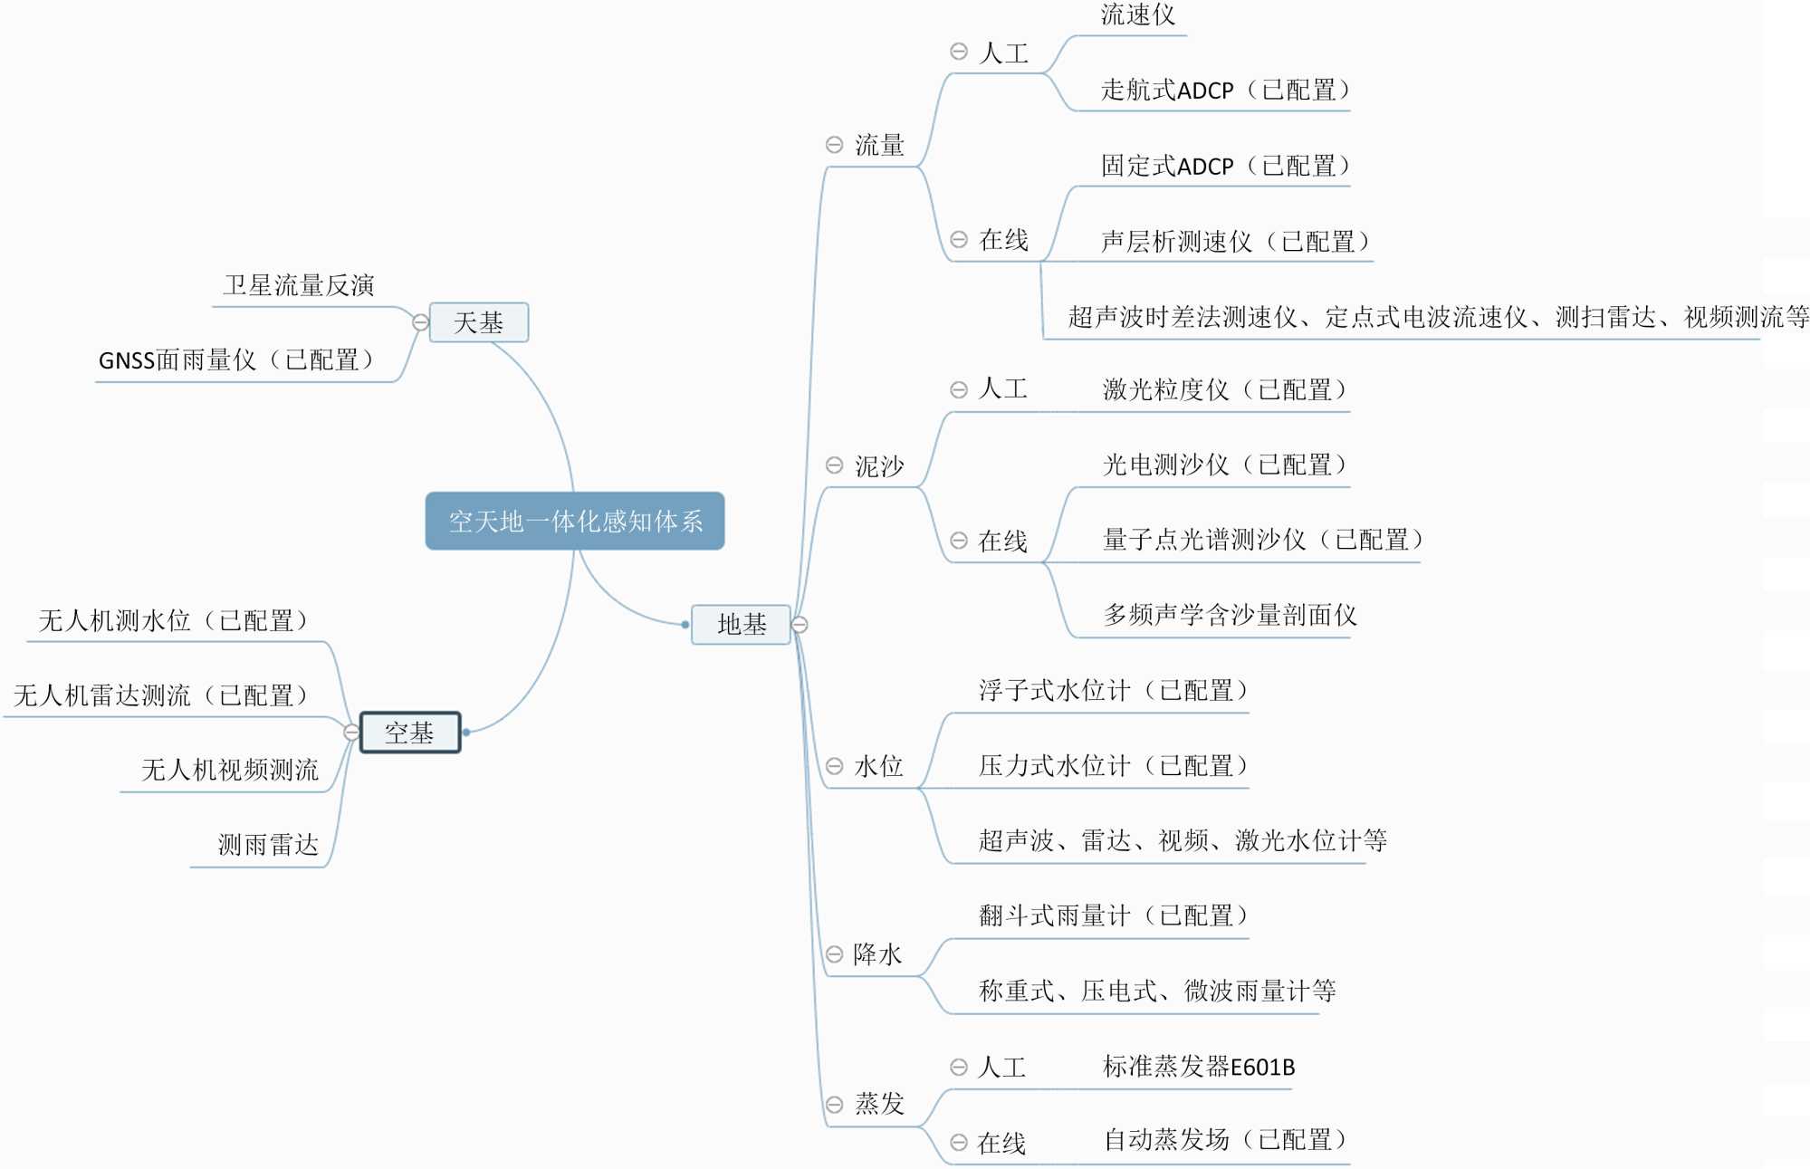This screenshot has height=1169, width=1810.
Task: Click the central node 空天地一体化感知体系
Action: [575, 521]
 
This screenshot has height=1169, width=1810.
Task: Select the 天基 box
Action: [478, 322]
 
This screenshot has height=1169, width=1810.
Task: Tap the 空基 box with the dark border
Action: [410, 733]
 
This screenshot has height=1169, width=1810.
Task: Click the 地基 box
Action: [741, 624]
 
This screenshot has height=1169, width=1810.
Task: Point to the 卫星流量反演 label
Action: [299, 285]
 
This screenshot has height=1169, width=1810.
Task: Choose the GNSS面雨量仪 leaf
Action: [235, 360]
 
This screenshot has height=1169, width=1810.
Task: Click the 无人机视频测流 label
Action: [230, 770]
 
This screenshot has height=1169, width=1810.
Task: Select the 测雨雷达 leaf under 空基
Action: [268, 845]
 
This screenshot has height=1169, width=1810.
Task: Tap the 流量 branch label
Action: [879, 145]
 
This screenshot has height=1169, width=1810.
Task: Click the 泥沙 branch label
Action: [879, 465]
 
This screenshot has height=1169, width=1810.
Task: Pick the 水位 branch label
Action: [878, 766]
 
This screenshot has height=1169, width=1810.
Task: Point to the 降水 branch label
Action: [877, 953]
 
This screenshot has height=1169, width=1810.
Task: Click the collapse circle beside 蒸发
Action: [834, 1104]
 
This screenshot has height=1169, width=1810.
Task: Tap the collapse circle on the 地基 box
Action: [800, 624]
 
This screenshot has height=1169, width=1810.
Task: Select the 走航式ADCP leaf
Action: [1225, 90]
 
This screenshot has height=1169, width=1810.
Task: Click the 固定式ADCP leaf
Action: [1225, 166]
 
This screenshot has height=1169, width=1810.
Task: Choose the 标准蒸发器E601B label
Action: [1199, 1067]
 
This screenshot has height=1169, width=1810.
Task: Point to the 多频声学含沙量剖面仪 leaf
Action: [1230, 615]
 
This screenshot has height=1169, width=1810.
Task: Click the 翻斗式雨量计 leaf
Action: [1113, 915]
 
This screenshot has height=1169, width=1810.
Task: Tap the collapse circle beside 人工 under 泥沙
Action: [958, 389]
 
